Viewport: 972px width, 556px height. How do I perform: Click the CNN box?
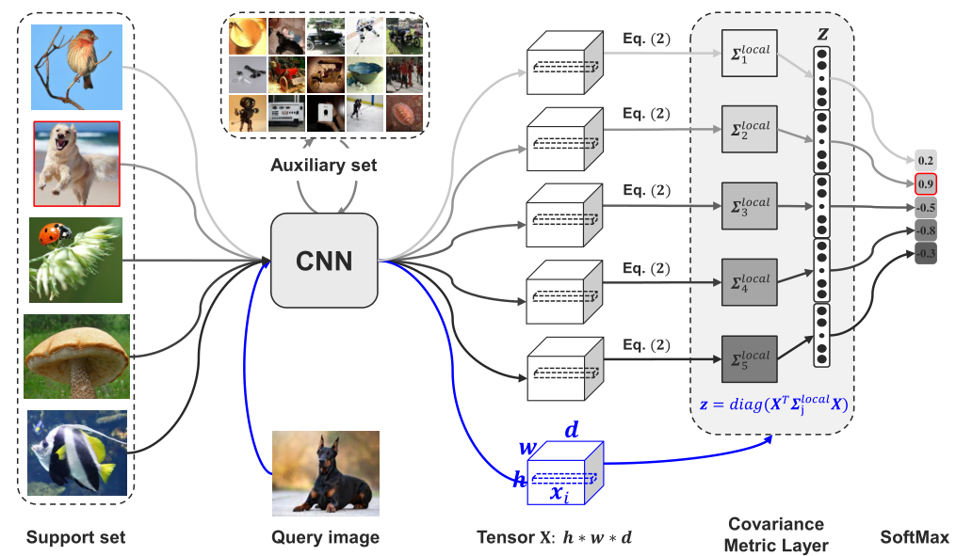pos(323,261)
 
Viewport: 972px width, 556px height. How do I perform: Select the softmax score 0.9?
pos(926,183)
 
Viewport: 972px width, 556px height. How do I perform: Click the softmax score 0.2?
pos(926,160)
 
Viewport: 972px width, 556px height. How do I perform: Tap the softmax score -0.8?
pos(926,229)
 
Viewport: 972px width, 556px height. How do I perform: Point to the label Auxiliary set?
pos(325,166)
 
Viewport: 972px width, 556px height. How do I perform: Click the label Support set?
pos(75,537)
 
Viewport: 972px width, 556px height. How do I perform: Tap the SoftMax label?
pos(914,537)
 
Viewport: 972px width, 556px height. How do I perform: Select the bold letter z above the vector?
pos(823,33)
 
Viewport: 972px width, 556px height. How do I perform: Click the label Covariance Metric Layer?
pos(776,534)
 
